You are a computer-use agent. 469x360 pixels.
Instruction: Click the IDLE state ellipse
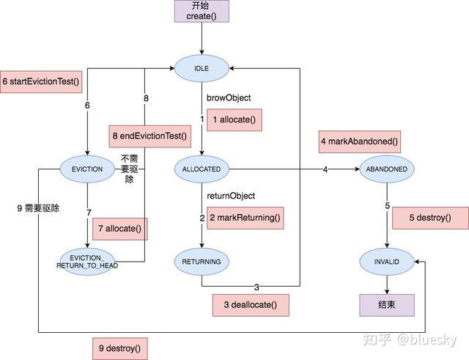(x=201, y=68)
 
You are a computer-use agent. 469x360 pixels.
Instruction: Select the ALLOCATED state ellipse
(x=201, y=169)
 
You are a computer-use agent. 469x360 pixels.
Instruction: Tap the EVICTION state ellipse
(x=87, y=169)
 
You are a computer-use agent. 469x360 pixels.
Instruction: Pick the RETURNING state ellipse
(x=201, y=260)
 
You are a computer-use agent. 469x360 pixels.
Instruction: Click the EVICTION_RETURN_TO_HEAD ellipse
(x=87, y=260)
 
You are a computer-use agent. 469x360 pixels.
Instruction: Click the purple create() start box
(x=200, y=11)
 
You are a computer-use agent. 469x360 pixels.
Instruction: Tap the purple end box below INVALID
(x=386, y=305)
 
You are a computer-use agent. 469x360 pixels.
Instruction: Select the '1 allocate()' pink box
(x=234, y=120)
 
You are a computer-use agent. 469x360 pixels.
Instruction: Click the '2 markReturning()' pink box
(x=245, y=218)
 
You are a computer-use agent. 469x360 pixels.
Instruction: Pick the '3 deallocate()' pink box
(x=250, y=304)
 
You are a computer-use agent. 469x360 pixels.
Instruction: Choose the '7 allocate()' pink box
(x=119, y=229)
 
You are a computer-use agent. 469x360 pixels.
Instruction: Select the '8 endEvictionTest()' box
(x=149, y=135)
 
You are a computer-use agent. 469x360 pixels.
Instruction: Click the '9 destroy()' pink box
(x=119, y=348)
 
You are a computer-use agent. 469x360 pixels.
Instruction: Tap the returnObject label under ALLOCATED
(x=231, y=196)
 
